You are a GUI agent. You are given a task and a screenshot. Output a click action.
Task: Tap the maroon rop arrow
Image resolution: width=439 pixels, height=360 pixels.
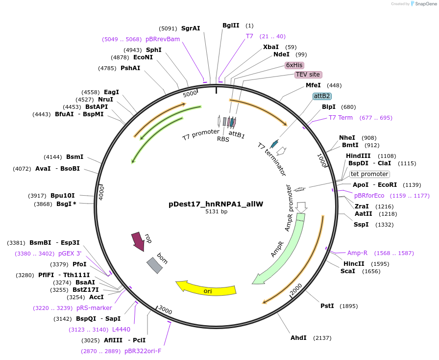point(138,241)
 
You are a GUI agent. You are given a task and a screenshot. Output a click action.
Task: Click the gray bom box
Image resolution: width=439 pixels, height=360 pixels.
point(154,265)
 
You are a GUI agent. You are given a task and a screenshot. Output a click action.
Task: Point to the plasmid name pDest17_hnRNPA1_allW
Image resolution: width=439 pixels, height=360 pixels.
point(216,204)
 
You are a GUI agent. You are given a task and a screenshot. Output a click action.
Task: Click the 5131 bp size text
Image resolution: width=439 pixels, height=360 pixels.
point(216,212)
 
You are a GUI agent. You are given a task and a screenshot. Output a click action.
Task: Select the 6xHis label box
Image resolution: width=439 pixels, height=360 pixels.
point(294,65)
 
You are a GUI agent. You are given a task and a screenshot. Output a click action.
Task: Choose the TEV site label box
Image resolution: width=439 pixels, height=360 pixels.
point(308,75)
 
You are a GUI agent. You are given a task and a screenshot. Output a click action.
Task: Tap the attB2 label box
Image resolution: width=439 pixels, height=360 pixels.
point(322,96)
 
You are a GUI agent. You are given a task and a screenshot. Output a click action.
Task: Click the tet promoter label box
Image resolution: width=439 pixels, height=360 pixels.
point(369,174)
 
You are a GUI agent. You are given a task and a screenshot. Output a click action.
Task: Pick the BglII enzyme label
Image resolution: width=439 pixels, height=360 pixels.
point(230,26)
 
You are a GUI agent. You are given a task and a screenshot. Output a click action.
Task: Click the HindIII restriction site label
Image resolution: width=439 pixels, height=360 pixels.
point(357,156)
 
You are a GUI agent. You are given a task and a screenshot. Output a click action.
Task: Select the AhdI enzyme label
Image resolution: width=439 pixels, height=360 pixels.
point(298,337)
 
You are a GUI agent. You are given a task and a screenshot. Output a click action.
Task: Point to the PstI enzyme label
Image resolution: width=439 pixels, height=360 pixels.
point(327,306)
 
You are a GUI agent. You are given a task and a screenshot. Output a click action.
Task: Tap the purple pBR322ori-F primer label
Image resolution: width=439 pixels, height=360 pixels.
point(143,351)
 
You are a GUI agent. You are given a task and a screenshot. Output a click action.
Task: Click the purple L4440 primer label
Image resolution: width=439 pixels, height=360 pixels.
point(121,330)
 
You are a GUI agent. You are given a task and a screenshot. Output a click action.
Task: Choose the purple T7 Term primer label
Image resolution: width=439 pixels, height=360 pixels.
point(341,118)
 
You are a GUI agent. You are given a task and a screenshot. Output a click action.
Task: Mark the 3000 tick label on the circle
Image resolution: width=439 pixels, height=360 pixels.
point(165,310)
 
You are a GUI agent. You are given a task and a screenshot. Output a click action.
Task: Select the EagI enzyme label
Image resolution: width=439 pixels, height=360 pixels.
point(111,92)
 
